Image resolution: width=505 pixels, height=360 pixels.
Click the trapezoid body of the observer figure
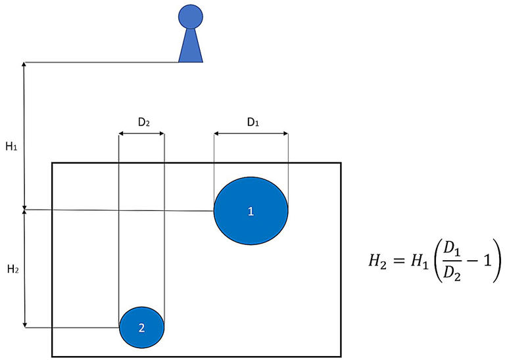click(x=191, y=46)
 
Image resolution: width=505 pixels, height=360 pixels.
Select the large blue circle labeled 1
click(x=251, y=210)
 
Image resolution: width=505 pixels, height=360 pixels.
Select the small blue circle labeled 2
click(x=141, y=327)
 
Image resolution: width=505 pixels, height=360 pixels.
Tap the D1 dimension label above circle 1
click(x=252, y=122)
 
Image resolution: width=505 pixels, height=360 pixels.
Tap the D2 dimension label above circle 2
click(x=142, y=122)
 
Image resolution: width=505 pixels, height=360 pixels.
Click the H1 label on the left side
click(x=11, y=147)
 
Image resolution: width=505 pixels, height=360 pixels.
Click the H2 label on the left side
click(x=11, y=269)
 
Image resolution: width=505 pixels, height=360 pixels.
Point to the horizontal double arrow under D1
click(x=251, y=135)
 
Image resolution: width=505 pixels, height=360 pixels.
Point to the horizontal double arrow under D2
click(x=141, y=135)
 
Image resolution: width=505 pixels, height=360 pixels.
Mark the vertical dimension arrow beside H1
click(x=25, y=136)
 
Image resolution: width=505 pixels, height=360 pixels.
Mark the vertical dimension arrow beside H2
click(x=25, y=269)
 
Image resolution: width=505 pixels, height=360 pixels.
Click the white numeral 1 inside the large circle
click(x=251, y=211)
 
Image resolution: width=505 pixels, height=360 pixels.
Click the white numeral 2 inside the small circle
click(x=141, y=327)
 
